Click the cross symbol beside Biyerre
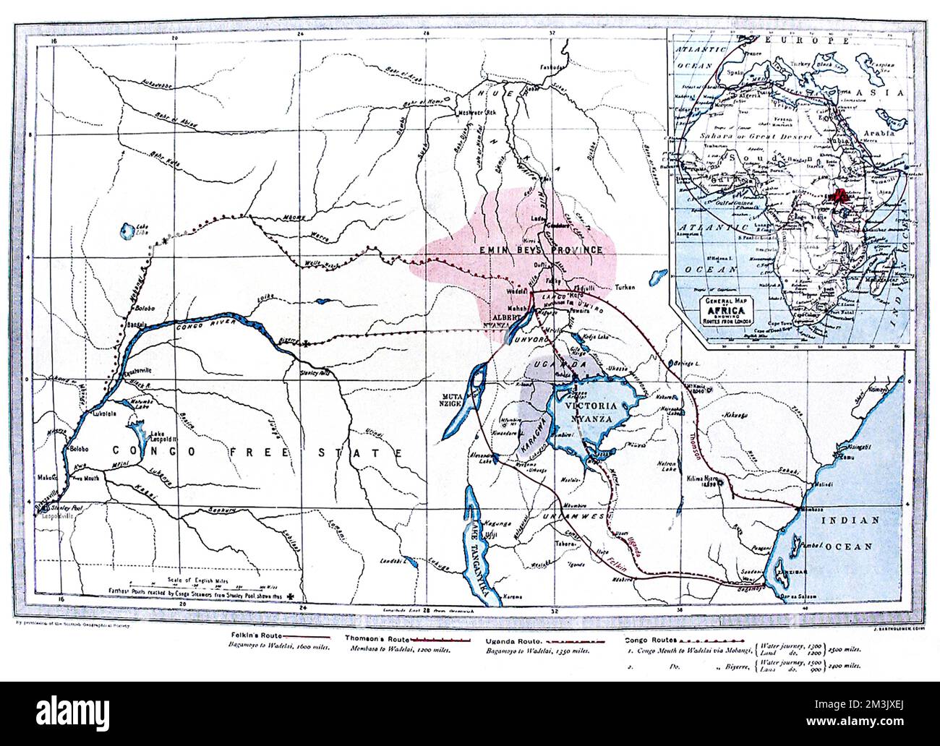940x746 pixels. [307, 343]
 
